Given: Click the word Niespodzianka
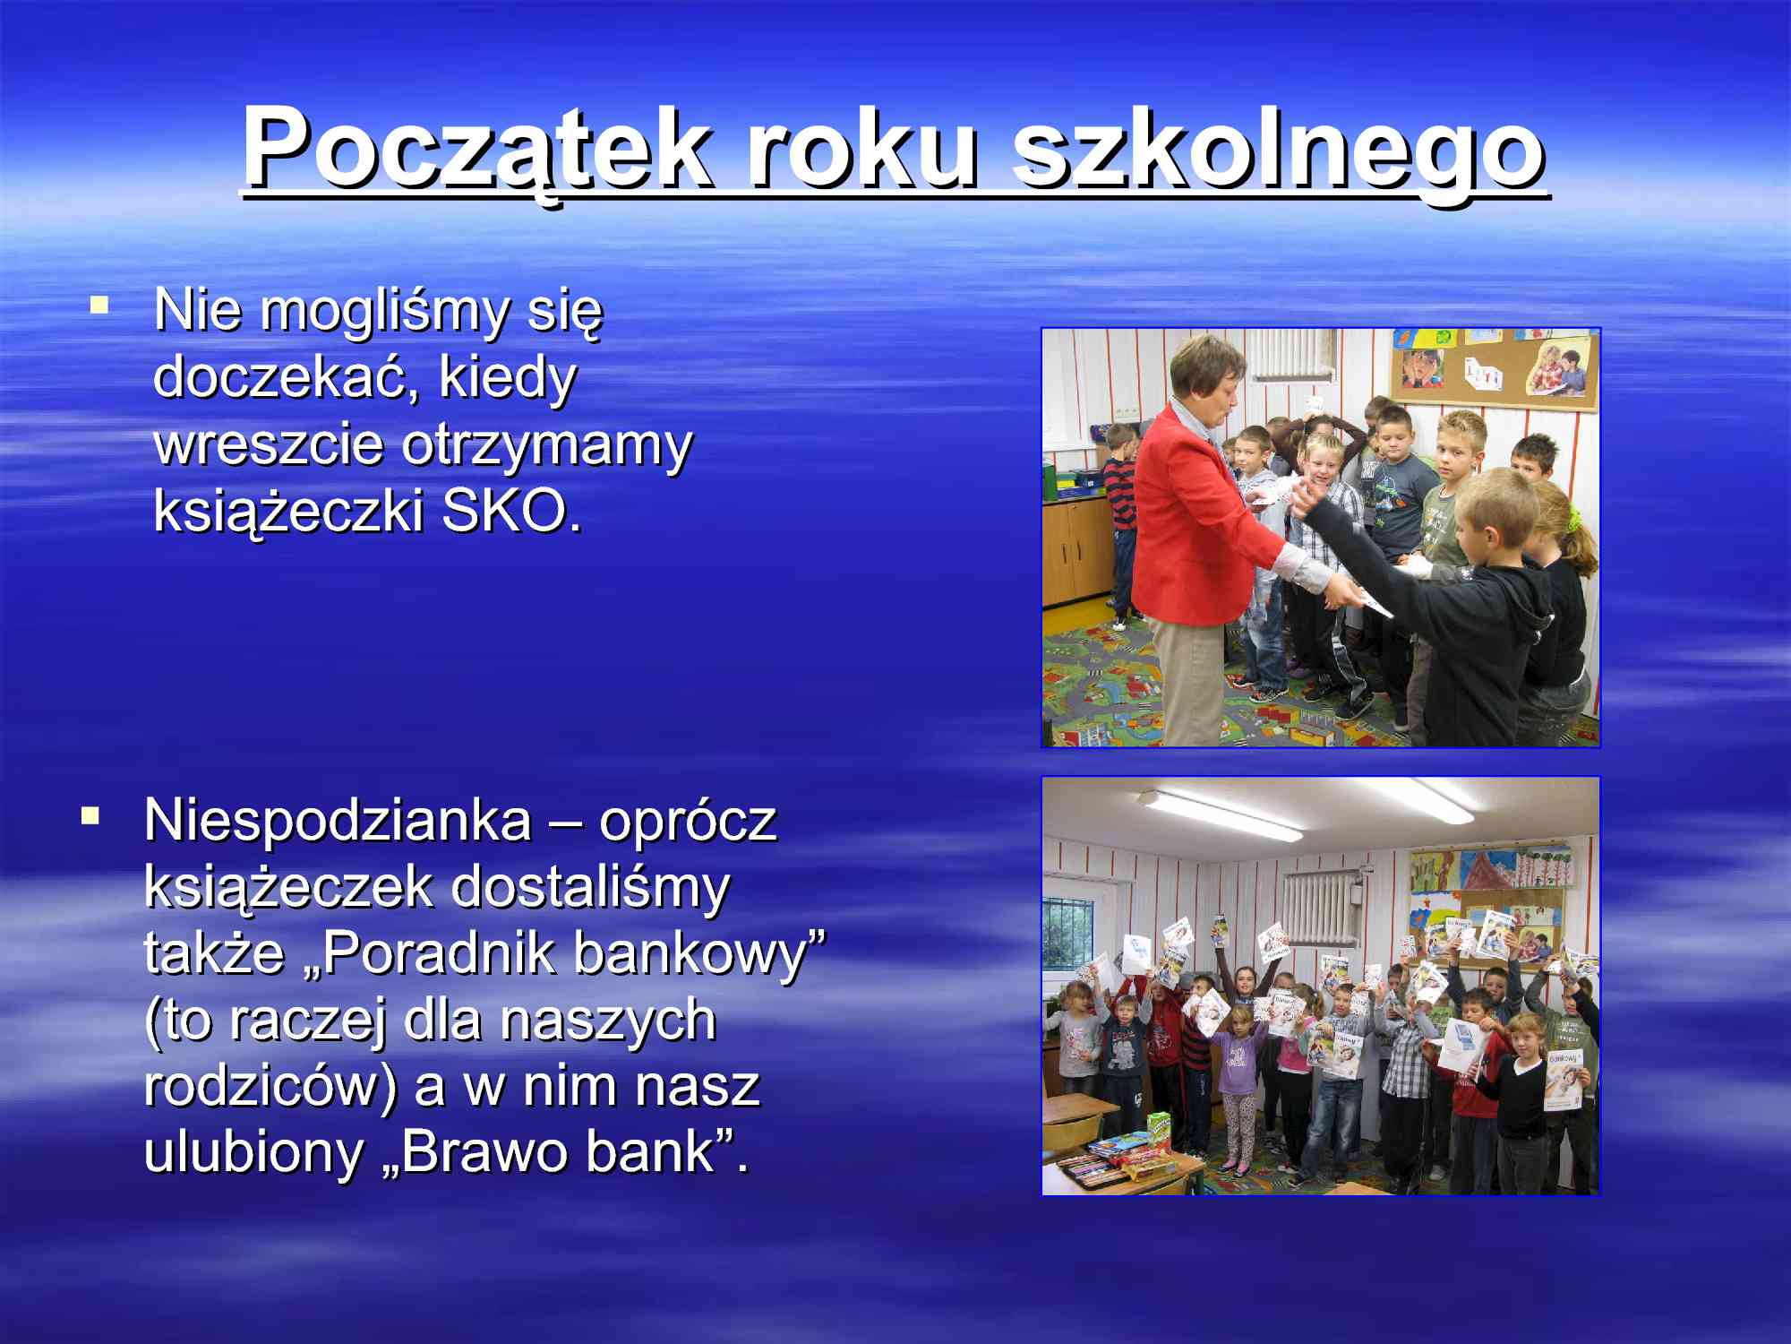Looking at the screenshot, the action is [338, 820].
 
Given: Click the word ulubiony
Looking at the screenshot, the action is [252, 1152].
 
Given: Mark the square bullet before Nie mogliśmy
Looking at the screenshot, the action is [99, 306].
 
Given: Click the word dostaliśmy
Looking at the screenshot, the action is [590, 887].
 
